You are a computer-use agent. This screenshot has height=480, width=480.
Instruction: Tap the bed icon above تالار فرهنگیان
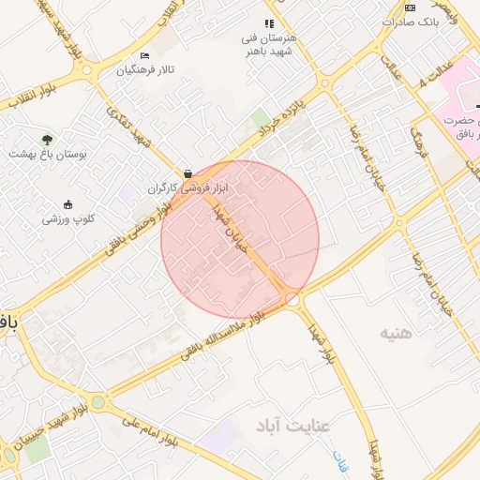pyautogui.click(x=143, y=56)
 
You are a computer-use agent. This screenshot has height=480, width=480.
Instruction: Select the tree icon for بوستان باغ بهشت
pyautogui.click(x=47, y=139)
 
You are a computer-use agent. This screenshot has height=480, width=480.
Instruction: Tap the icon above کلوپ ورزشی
pyautogui.click(x=67, y=204)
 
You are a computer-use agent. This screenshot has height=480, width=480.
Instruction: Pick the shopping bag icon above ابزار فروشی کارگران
pyautogui.click(x=188, y=173)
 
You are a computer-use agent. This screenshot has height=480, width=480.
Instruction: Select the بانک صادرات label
pyautogui.click(x=411, y=21)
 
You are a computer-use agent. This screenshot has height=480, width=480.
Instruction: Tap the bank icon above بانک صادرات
pyautogui.click(x=410, y=7)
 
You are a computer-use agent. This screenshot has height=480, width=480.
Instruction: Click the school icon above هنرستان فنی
pyautogui.click(x=269, y=23)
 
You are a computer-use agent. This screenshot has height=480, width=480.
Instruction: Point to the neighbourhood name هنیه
pyautogui.click(x=397, y=333)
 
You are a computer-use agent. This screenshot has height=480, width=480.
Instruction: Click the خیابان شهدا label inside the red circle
pyautogui.click(x=232, y=229)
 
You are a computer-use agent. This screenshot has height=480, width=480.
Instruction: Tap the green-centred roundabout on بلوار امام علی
pyautogui.click(x=98, y=401)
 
